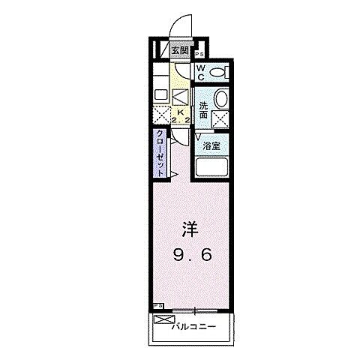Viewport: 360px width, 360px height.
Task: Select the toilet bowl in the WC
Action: [x=217, y=72]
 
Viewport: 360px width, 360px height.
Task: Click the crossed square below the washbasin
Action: [x=220, y=118]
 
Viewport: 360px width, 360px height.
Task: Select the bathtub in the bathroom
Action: [x=212, y=167]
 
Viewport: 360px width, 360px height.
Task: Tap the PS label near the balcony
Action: [x=157, y=306]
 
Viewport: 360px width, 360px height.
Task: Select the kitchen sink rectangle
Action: [x=160, y=95]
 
